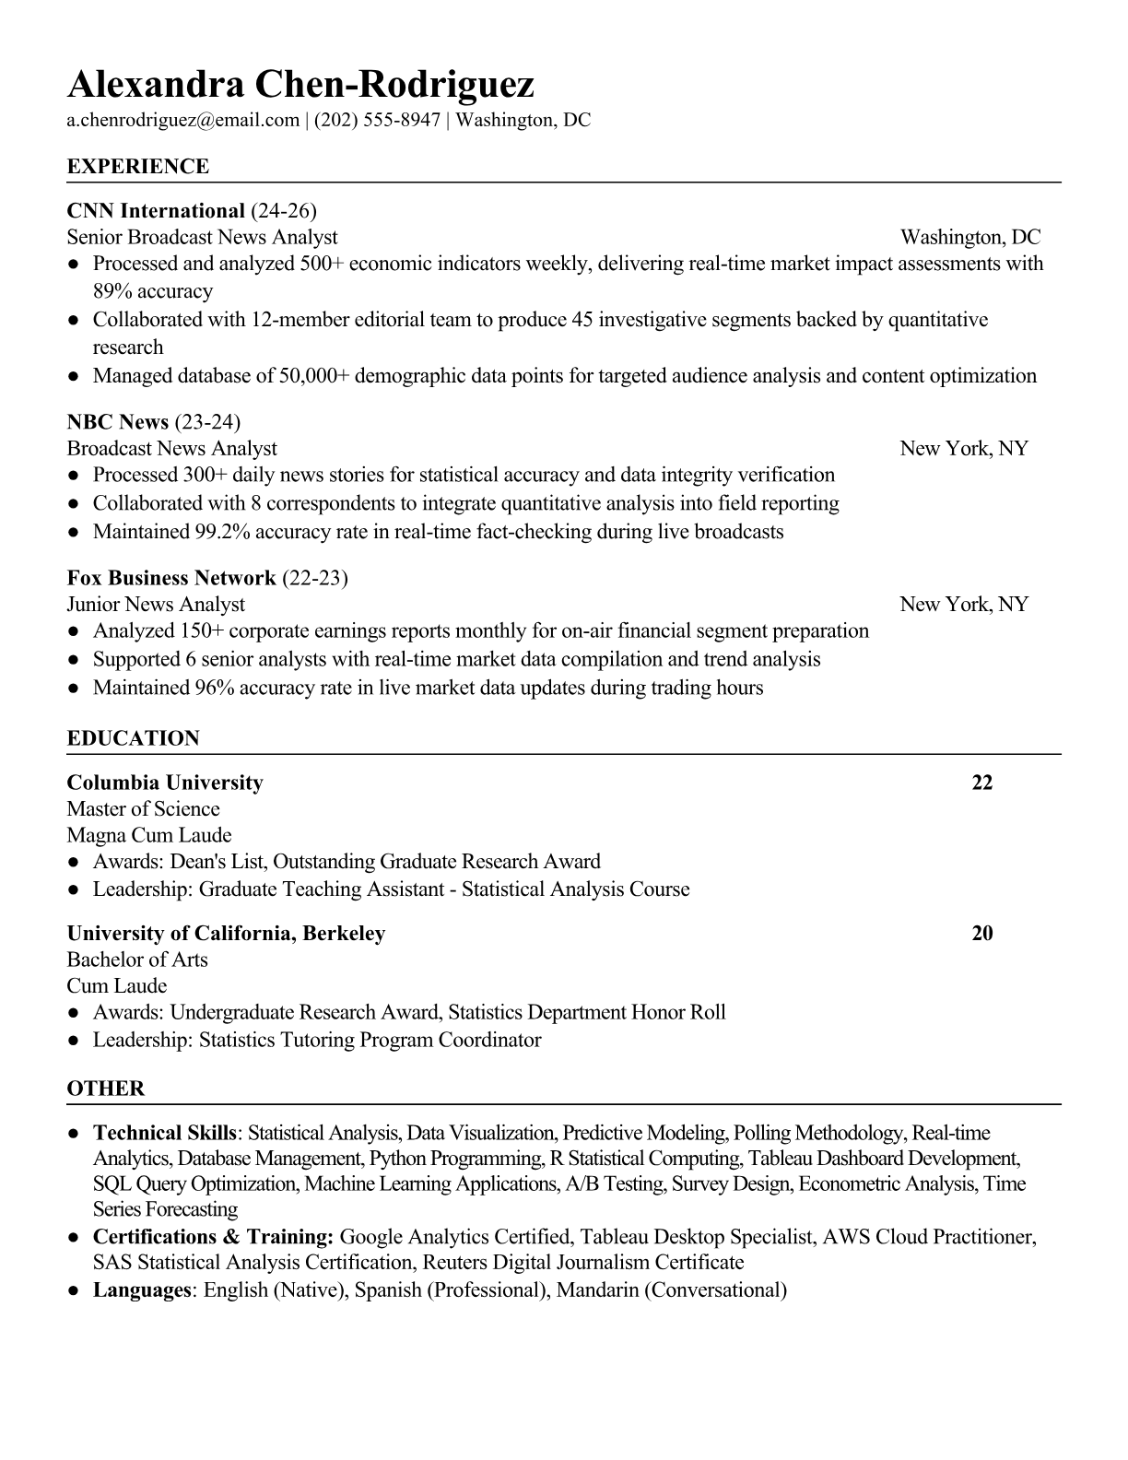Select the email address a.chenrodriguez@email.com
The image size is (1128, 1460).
coord(183,120)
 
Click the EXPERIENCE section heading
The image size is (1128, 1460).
coord(138,167)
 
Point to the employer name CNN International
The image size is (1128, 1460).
coord(156,211)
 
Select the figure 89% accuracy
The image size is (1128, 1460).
coord(152,292)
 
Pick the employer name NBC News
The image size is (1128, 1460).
coord(118,422)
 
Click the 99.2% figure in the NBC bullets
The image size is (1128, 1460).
coord(223,532)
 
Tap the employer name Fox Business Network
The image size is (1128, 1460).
coord(171,578)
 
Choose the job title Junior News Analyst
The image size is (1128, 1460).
coord(156,605)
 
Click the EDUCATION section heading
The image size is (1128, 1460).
coord(133,738)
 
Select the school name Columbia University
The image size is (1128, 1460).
coord(165,783)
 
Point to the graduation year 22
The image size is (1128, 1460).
coord(982,783)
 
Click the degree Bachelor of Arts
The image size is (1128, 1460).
coord(137,960)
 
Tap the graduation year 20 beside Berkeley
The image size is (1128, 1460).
coord(982,933)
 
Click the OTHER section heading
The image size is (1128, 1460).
coord(106,1089)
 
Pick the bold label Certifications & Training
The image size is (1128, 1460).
coord(213,1237)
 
